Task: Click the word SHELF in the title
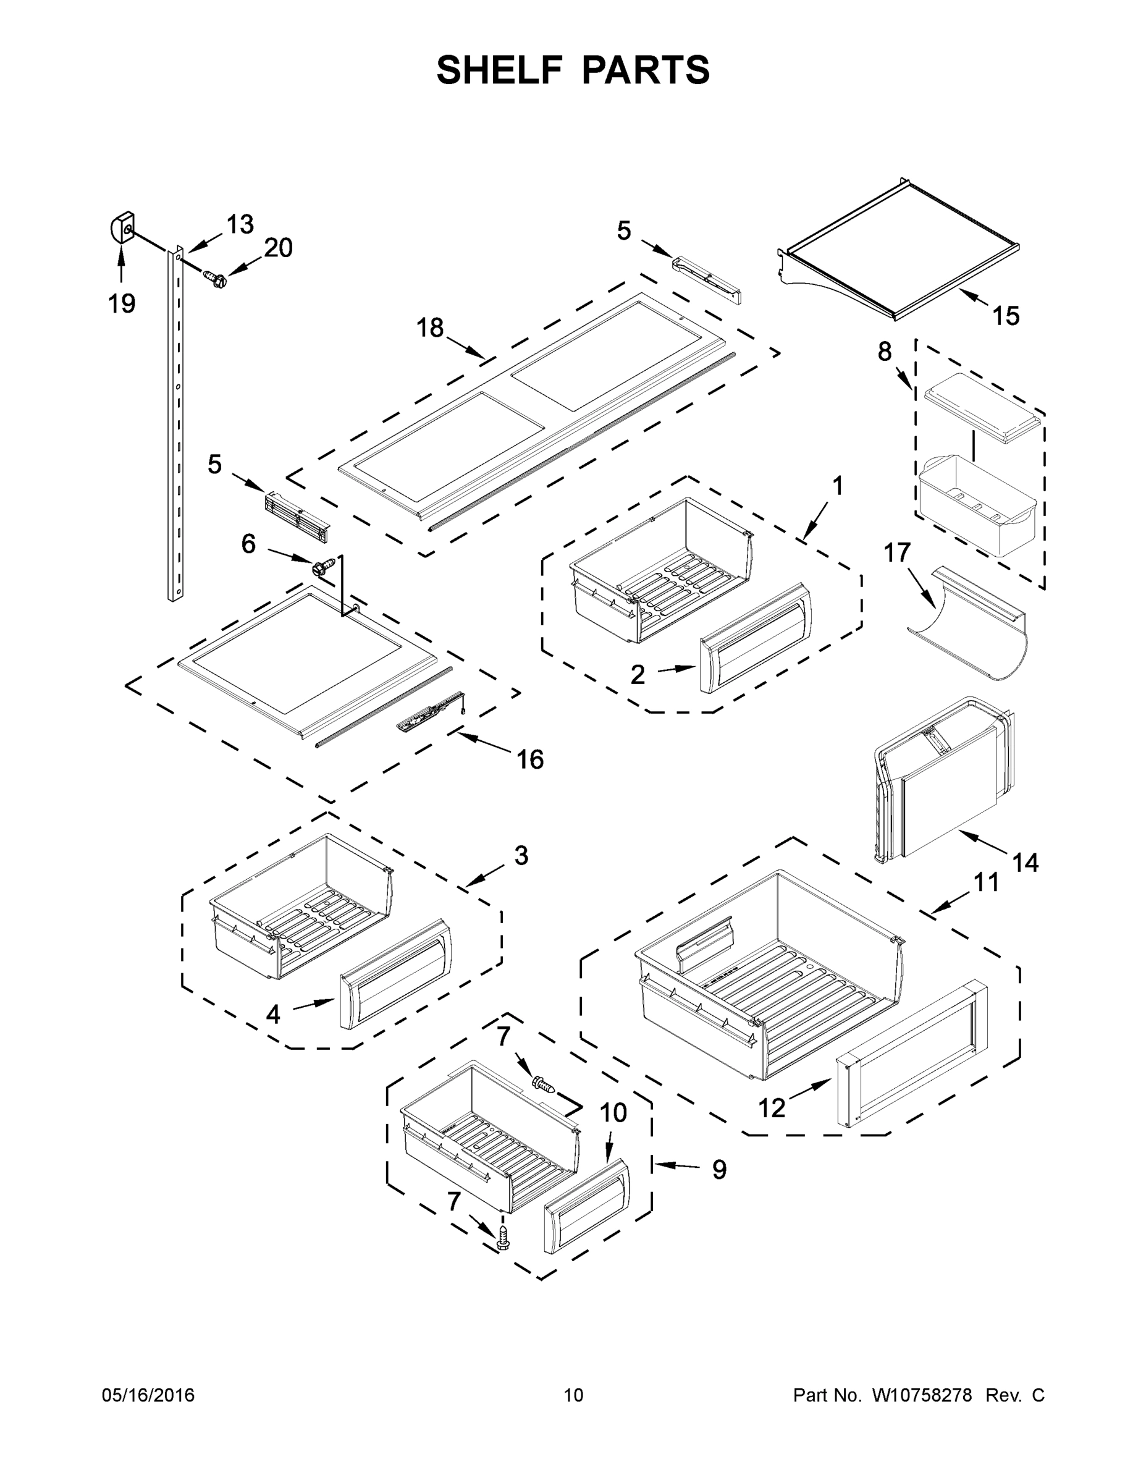point(500,70)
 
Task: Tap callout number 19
point(122,303)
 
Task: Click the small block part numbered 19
point(122,227)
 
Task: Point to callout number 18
point(430,328)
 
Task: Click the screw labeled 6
point(324,565)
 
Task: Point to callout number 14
point(1025,863)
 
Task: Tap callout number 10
point(613,1113)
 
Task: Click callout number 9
point(719,1169)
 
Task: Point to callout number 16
point(530,759)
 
